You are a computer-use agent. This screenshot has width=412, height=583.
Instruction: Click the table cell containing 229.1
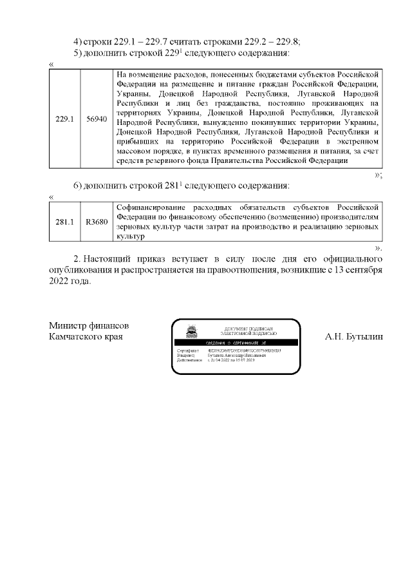pyautogui.click(x=65, y=119)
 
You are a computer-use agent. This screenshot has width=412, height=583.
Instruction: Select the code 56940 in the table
pyautogui.click(x=97, y=119)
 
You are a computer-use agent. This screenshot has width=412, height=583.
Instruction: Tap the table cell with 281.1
pyautogui.click(x=65, y=222)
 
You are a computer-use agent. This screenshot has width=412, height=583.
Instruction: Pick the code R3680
pyautogui.click(x=97, y=222)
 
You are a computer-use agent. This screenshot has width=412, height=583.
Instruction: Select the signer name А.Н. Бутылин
pyautogui.click(x=353, y=336)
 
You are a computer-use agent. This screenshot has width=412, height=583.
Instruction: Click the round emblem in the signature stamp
pyautogui.click(x=191, y=332)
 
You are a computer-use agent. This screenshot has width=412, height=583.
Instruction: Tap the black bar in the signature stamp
pyautogui.click(x=236, y=343)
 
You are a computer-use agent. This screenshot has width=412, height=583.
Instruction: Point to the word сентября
pyautogui.click(x=362, y=271)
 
